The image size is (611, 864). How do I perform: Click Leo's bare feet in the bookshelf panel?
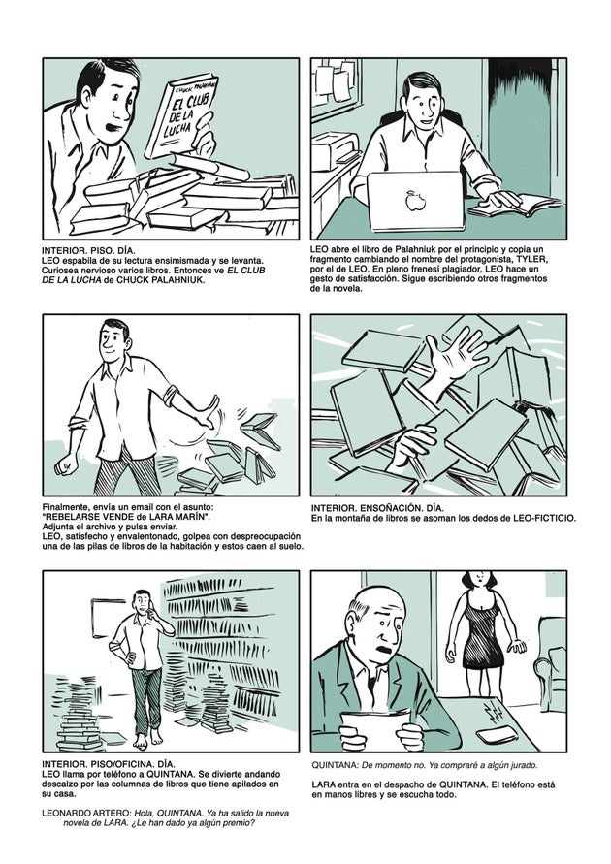[x=147, y=740]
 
